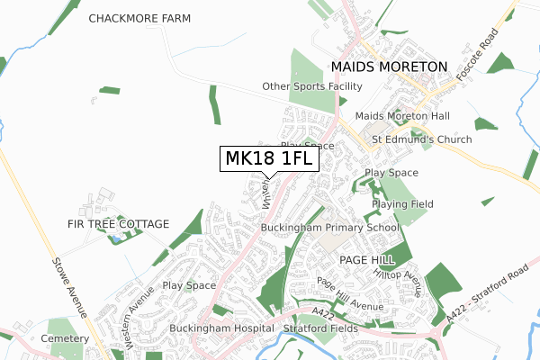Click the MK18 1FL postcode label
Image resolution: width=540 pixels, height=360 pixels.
(267, 159)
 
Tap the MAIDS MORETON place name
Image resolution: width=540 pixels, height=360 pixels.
(388, 67)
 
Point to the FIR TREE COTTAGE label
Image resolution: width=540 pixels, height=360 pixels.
(118, 223)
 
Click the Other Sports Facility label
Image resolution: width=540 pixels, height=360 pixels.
(311, 86)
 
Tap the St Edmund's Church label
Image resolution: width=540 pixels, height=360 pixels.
(421, 139)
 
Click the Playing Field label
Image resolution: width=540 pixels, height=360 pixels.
(402, 204)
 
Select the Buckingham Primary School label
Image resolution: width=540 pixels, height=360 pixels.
(329, 228)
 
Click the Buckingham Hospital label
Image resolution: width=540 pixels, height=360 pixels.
(220, 328)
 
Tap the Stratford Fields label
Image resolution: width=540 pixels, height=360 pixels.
(320, 328)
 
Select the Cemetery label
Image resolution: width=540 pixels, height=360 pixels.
(63, 338)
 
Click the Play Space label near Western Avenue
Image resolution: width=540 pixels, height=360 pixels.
(189, 285)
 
